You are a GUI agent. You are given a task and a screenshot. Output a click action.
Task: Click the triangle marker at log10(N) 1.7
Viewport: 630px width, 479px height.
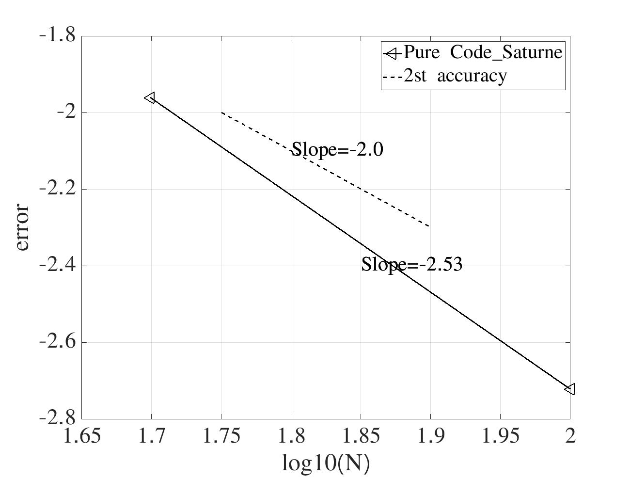(x=150, y=98)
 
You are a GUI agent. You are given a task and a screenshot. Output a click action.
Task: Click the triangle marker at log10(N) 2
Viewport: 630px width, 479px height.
(x=570, y=389)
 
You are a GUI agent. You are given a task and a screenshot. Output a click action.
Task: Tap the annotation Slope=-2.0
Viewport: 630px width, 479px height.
(x=337, y=150)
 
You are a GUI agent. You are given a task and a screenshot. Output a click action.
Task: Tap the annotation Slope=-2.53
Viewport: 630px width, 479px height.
(x=412, y=265)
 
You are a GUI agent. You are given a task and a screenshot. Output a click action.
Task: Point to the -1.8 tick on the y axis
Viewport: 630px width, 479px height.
(x=57, y=35)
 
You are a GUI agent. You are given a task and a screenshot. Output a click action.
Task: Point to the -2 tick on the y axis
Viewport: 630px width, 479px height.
(x=65, y=112)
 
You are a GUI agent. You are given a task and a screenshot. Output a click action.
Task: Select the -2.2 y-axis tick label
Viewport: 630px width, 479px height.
(x=57, y=189)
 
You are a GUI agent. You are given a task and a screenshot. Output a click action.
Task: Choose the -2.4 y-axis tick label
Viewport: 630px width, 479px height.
(x=57, y=265)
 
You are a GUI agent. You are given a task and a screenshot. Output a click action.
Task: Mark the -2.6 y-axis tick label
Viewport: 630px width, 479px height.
(x=57, y=342)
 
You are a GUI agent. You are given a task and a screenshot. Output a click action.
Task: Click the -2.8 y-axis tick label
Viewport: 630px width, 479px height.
(x=57, y=418)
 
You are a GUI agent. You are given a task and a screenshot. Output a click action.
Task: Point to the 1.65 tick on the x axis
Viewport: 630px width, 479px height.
(x=82, y=436)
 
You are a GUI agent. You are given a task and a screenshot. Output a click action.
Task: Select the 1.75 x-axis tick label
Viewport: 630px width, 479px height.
(x=221, y=436)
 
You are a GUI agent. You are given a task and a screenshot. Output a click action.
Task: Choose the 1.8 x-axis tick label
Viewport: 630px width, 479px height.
(x=291, y=436)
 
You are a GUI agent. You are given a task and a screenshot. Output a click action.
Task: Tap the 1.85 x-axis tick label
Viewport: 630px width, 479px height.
(x=361, y=436)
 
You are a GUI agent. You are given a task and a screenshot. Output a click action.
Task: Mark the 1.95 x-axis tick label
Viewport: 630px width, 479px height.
(x=500, y=436)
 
